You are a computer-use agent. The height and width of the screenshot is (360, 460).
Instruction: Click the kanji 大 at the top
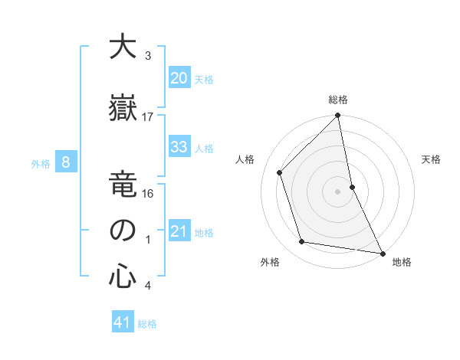click(122, 47)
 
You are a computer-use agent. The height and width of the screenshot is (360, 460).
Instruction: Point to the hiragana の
click(122, 231)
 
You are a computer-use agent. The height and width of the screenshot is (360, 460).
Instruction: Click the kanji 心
click(122, 277)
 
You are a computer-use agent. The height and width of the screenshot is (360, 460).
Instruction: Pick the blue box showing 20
click(179, 78)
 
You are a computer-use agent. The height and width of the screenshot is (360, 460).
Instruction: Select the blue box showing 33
click(179, 147)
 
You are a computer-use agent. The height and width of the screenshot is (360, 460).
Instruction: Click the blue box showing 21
click(179, 231)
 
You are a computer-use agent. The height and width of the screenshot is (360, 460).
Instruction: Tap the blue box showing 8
click(66, 162)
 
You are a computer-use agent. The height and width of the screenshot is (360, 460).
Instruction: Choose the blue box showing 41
click(123, 322)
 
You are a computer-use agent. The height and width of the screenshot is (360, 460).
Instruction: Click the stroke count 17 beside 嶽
click(148, 116)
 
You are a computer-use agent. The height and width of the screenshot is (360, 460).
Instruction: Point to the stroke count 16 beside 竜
click(148, 193)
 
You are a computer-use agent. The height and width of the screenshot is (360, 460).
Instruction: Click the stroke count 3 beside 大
click(148, 56)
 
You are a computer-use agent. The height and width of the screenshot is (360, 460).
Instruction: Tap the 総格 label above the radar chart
click(338, 100)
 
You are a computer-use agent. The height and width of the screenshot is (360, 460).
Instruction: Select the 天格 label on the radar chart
click(432, 159)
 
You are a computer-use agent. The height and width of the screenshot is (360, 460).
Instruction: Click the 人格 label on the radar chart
click(245, 159)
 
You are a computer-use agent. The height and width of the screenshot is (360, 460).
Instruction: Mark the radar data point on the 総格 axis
click(338, 116)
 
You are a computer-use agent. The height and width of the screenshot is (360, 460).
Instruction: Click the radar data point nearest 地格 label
click(381, 252)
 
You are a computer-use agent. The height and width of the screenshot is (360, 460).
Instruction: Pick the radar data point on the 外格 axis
click(302, 242)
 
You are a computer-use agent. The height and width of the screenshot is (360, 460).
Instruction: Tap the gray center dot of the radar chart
click(338, 191)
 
